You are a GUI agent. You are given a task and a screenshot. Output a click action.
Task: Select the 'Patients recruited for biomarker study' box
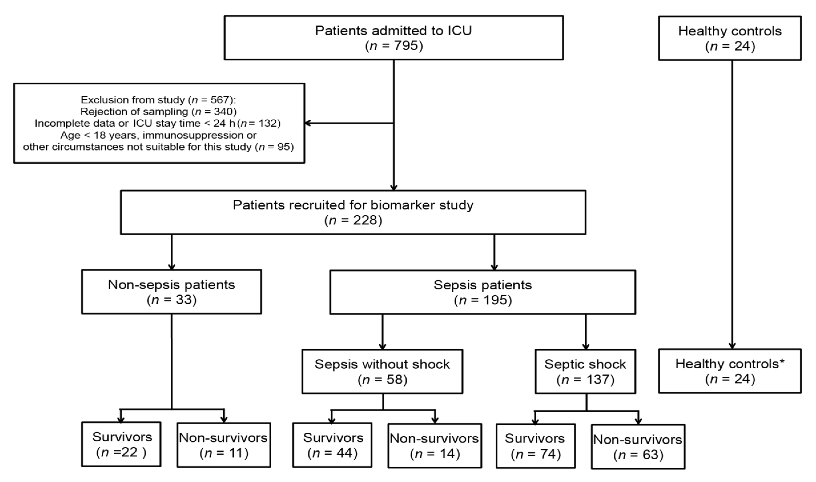pos(353,212)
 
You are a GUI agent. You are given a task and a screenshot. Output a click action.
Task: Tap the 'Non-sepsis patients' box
pos(171,292)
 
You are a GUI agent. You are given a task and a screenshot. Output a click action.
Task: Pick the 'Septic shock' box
pos(585,372)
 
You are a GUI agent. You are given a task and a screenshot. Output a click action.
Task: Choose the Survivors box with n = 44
pos(332,445)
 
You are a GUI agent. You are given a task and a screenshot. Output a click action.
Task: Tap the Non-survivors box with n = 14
pos(435,446)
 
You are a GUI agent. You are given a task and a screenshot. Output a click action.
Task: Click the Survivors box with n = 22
pos(121,444)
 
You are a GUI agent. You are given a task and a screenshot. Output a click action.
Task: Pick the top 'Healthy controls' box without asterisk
pos(730,38)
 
